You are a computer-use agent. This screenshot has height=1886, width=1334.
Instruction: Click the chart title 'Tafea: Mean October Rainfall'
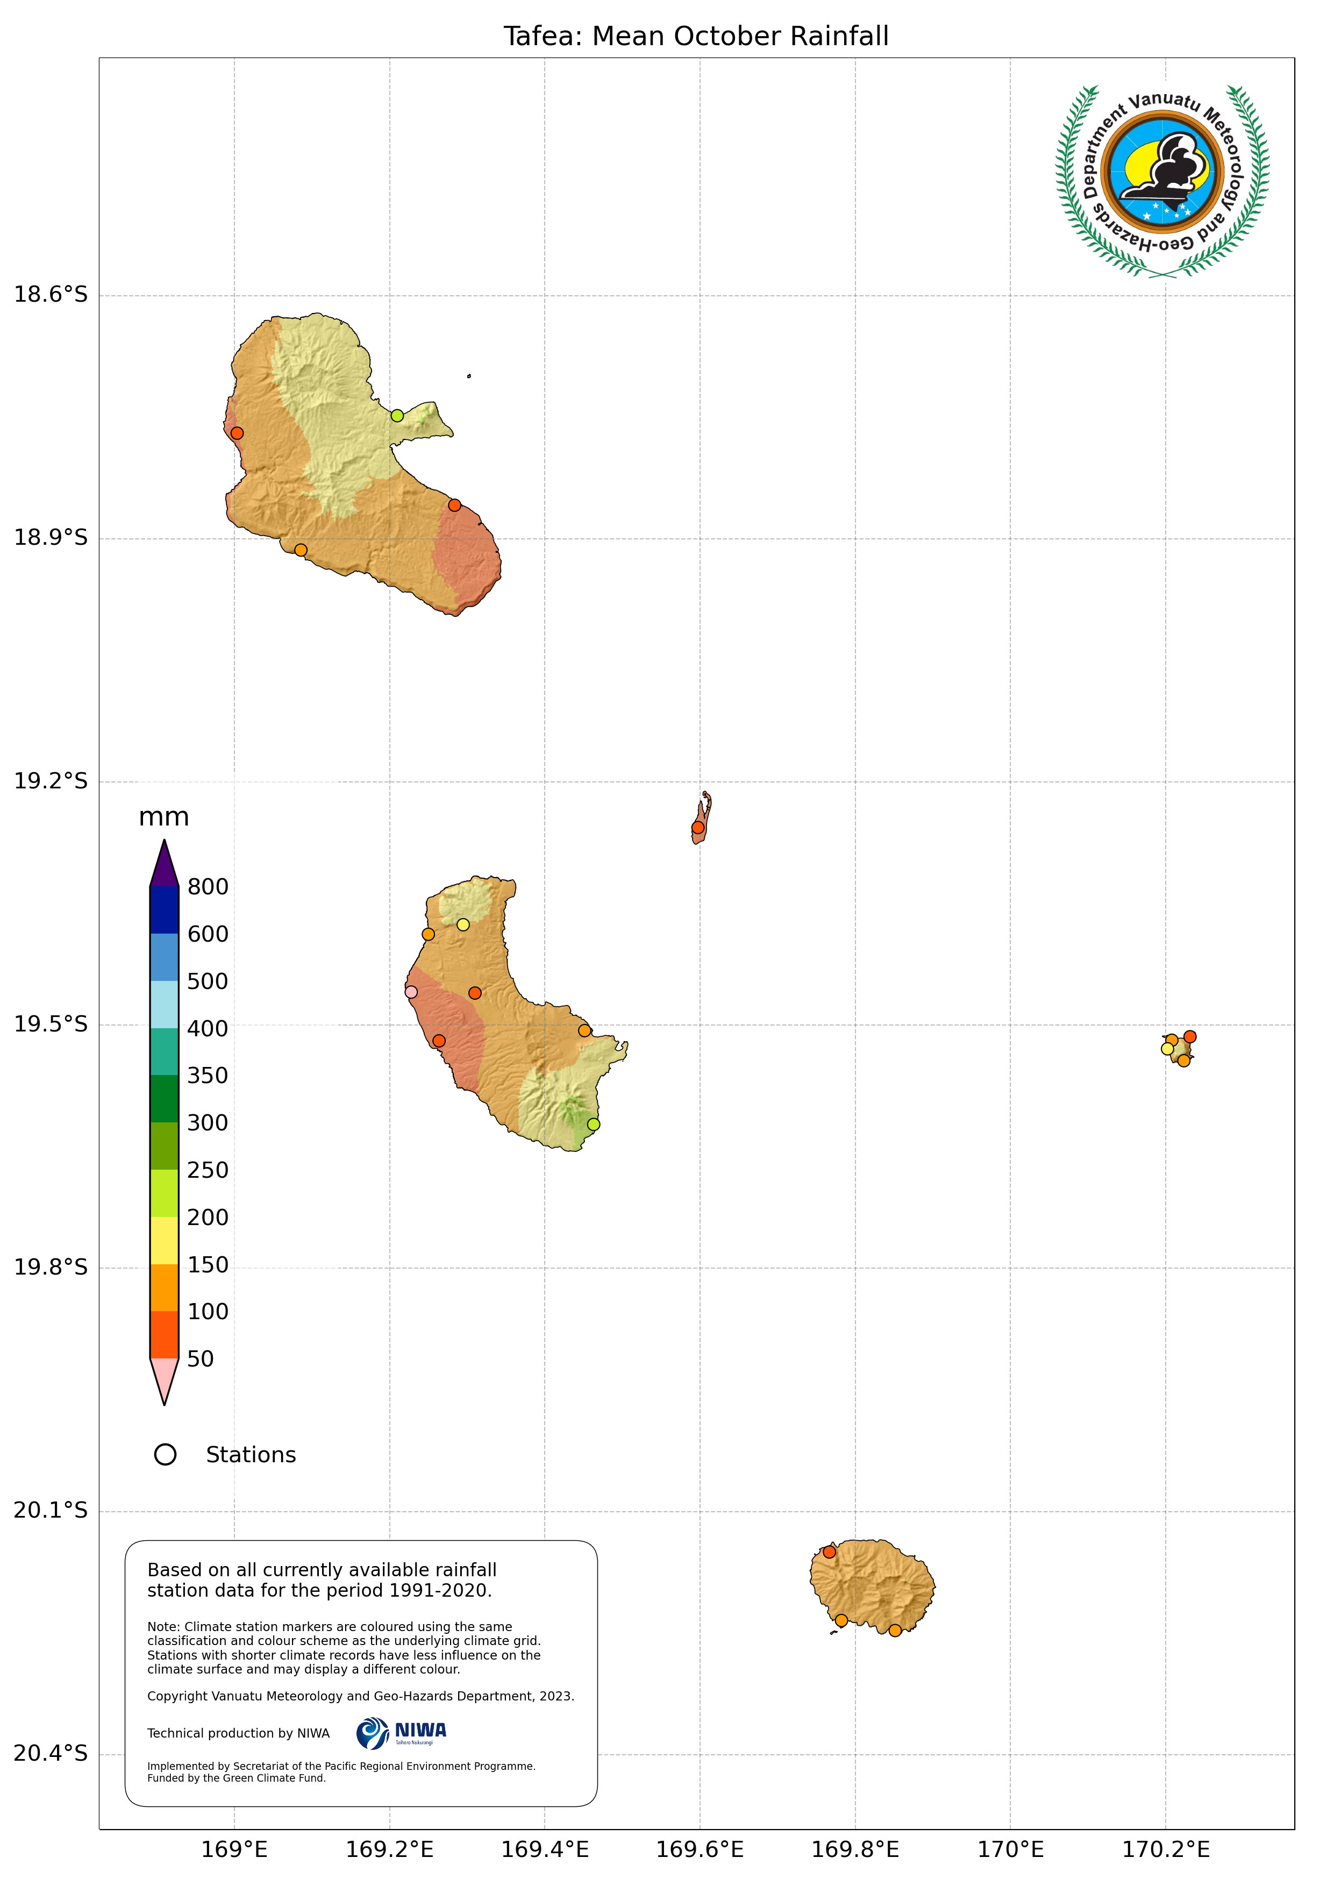[x=696, y=36]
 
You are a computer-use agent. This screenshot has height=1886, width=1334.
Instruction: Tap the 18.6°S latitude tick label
[x=50, y=294]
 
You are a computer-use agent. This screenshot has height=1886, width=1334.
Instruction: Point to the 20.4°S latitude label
[x=50, y=1754]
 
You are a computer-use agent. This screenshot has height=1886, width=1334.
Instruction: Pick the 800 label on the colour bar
[x=208, y=887]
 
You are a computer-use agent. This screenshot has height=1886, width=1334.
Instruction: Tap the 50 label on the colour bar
[x=201, y=1360]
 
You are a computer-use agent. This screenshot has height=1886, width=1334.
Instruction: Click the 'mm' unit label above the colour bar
[x=163, y=817]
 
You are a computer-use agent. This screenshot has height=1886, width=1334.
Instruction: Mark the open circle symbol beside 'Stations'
[x=165, y=1455]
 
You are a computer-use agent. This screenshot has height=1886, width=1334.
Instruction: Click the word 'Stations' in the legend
[x=251, y=1455]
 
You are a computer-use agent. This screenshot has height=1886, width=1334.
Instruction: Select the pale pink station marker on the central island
[x=411, y=992]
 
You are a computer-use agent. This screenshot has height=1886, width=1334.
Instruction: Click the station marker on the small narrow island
[x=697, y=827]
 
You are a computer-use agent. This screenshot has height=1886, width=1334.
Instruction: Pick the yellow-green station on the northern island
[x=397, y=416]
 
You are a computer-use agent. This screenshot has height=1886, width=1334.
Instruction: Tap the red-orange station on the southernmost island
[x=829, y=1551]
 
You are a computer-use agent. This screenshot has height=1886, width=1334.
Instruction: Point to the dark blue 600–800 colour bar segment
[x=165, y=910]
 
